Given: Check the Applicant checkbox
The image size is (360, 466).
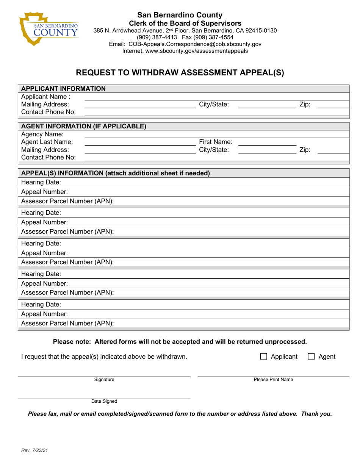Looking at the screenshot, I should pos(264,357).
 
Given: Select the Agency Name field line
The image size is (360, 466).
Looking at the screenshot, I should pos(216,135).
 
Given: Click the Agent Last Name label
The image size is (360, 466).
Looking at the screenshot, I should pos(47,142).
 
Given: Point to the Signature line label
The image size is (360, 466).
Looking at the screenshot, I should pos(104,380).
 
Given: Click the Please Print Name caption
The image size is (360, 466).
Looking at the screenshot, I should pos(273,380).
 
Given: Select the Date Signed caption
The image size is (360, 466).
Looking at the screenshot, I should pos(104,401).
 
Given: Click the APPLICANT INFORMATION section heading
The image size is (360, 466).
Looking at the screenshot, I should pos(63,89).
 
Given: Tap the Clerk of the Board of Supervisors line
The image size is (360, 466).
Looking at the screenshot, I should pos(180,23).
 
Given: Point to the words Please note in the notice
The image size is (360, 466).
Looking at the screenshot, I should pos(72,342).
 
